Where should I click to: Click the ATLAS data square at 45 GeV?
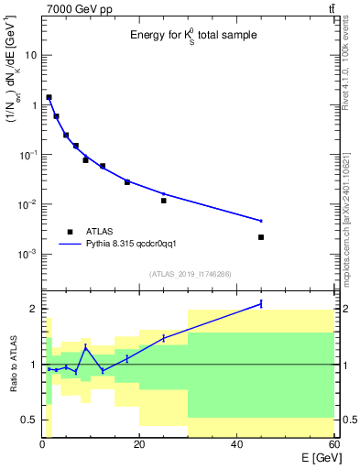[x=261, y=237]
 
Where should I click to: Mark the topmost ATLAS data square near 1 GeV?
[x=49, y=97]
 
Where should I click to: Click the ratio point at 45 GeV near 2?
[x=261, y=303]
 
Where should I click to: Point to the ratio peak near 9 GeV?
[x=86, y=348]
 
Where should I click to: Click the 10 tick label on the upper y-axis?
[x=30, y=55]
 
